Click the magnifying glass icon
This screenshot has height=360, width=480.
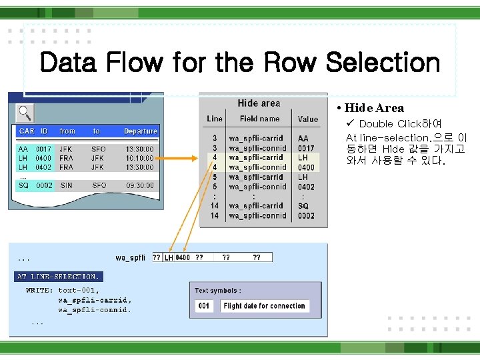[x=25, y=112]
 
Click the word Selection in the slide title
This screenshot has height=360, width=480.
[x=383, y=63]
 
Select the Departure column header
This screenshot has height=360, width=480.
[x=140, y=131]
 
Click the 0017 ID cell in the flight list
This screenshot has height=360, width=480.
[x=44, y=149]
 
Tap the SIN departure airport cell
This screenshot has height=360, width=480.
[x=66, y=185]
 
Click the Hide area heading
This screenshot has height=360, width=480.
[x=259, y=103]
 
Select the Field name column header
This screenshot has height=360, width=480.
[x=259, y=119]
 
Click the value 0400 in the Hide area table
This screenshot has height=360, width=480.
[x=306, y=167]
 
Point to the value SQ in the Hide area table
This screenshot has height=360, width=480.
[x=303, y=206]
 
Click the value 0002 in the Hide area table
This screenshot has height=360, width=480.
[x=306, y=215]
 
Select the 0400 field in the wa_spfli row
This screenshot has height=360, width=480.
[x=183, y=257]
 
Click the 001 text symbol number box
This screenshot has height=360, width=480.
[x=204, y=306]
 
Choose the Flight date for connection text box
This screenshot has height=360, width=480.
[x=264, y=306]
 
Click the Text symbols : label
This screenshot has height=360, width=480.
[x=217, y=291]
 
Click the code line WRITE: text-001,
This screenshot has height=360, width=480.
[x=63, y=291]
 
